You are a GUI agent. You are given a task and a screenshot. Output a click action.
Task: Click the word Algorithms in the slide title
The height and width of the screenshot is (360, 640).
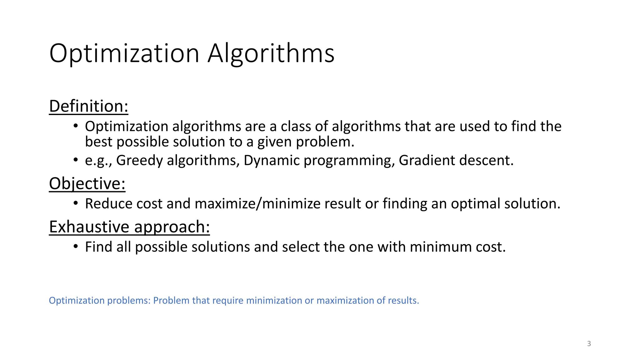(271, 53)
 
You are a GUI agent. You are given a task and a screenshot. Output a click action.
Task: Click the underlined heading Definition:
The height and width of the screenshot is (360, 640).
(89, 106)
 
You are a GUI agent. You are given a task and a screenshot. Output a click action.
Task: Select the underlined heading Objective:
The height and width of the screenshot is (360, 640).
(87, 183)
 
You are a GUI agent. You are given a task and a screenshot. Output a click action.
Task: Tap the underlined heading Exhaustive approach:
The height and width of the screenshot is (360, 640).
(129, 227)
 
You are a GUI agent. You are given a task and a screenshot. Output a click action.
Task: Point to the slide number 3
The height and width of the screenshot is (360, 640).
(589, 344)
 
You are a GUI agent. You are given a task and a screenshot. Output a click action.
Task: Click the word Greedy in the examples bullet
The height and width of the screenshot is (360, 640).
(139, 161)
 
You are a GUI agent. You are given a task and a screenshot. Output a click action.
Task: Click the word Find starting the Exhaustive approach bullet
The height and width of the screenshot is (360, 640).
(98, 247)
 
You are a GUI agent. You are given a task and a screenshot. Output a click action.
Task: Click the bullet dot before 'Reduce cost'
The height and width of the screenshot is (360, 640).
(76, 203)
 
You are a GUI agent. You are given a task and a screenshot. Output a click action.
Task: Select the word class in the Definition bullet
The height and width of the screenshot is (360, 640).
(295, 127)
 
